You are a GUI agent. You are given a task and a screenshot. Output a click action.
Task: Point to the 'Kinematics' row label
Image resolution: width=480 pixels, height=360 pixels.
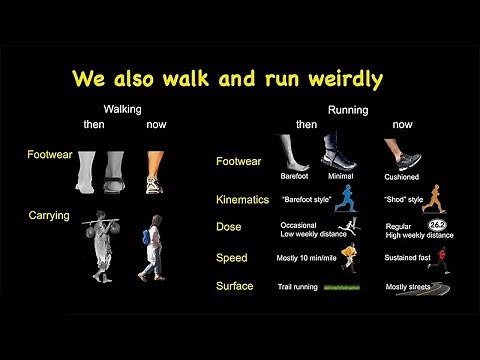tap(242, 200)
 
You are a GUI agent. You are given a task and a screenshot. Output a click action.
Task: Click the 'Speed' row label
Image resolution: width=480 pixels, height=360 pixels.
tap(231, 258)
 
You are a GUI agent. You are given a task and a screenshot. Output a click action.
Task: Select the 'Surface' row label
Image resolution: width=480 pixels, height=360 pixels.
tap(235, 286)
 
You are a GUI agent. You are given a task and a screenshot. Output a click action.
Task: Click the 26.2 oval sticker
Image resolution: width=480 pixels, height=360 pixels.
tap(437, 225)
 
